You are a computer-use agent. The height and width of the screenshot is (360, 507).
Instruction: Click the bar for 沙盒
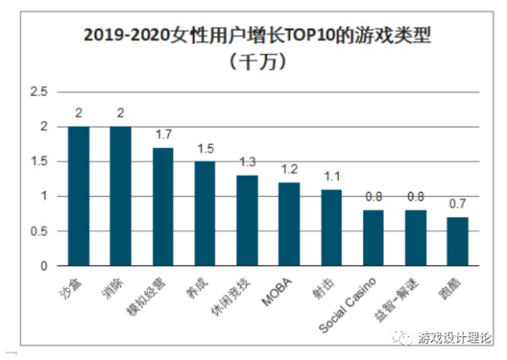[x=79, y=196]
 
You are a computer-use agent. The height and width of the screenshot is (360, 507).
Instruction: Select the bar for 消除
[x=121, y=196]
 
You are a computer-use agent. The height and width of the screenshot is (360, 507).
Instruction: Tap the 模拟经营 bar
[x=163, y=206]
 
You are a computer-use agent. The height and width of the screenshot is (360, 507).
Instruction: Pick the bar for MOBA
[x=290, y=224]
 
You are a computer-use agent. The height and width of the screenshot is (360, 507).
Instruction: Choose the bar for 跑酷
[x=457, y=241]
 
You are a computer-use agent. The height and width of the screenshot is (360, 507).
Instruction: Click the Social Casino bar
[x=373, y=237]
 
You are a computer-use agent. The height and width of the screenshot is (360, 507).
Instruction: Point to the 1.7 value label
[x=163, y=134]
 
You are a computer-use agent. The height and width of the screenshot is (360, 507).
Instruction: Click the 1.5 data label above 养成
[x=205, y=149]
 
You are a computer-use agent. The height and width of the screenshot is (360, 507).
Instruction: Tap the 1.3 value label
[x=248, y=162]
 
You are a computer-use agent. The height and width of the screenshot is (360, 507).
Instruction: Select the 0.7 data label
[x=457, y=204]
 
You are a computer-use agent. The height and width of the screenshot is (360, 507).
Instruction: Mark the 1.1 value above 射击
[x=331, y=176]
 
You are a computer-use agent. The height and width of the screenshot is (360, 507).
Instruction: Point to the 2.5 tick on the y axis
[x=40, y=92]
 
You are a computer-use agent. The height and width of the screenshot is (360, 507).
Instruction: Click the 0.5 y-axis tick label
[x=40, y=231]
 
